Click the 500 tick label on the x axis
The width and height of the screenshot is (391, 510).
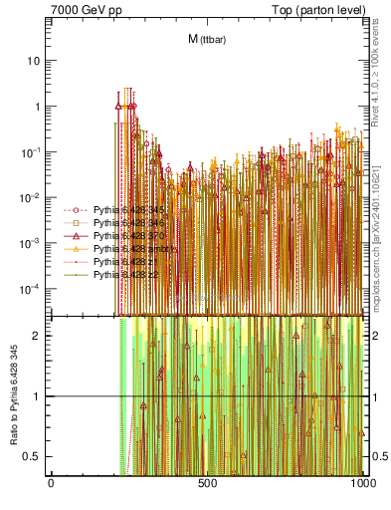coord(207,483)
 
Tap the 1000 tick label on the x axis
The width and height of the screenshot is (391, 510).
coord(363,483)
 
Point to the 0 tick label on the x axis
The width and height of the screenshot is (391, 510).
coord(51,483)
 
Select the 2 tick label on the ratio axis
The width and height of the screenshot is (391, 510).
coord(40,336)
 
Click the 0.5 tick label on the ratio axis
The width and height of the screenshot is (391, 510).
coord(35,456)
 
